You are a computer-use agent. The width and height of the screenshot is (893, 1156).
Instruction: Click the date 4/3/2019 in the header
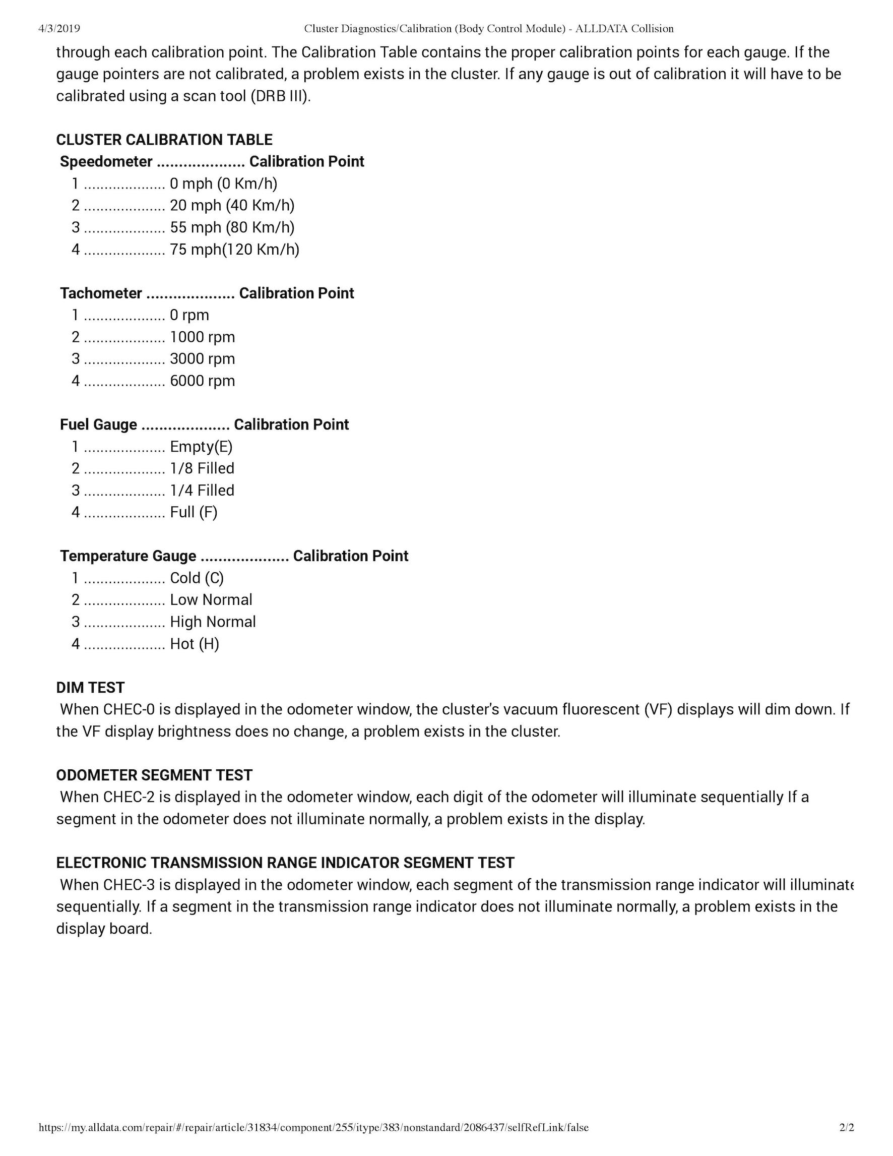coord(59,29)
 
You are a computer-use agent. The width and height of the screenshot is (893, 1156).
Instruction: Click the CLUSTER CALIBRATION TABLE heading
coord(164,140)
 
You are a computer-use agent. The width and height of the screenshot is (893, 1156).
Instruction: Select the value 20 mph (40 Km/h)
coord(232,205)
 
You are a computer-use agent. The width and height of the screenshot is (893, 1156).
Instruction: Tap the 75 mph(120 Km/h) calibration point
coord(234,250)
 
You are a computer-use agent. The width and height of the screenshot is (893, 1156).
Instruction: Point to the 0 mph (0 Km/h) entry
coord(223,184)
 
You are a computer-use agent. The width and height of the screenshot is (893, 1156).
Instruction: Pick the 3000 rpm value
coord(202,359)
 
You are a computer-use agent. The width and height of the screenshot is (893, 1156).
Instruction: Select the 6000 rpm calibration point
coord(202,381)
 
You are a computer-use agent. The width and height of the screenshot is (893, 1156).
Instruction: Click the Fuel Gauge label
coord(98,424)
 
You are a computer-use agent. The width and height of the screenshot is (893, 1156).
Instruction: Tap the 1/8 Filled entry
coord(202,468)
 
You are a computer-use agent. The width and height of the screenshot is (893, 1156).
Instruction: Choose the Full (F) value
coord(193,512)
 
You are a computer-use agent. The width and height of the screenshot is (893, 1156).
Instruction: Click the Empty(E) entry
coord(201,447)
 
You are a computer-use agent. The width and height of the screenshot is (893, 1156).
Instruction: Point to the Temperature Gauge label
coord(128,556)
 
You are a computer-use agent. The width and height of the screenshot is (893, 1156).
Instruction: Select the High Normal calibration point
coord(213,622)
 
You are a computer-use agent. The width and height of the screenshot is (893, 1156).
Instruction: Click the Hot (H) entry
coord(194,644)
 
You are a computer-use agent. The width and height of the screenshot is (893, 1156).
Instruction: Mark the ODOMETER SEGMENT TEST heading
coord(154,775)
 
